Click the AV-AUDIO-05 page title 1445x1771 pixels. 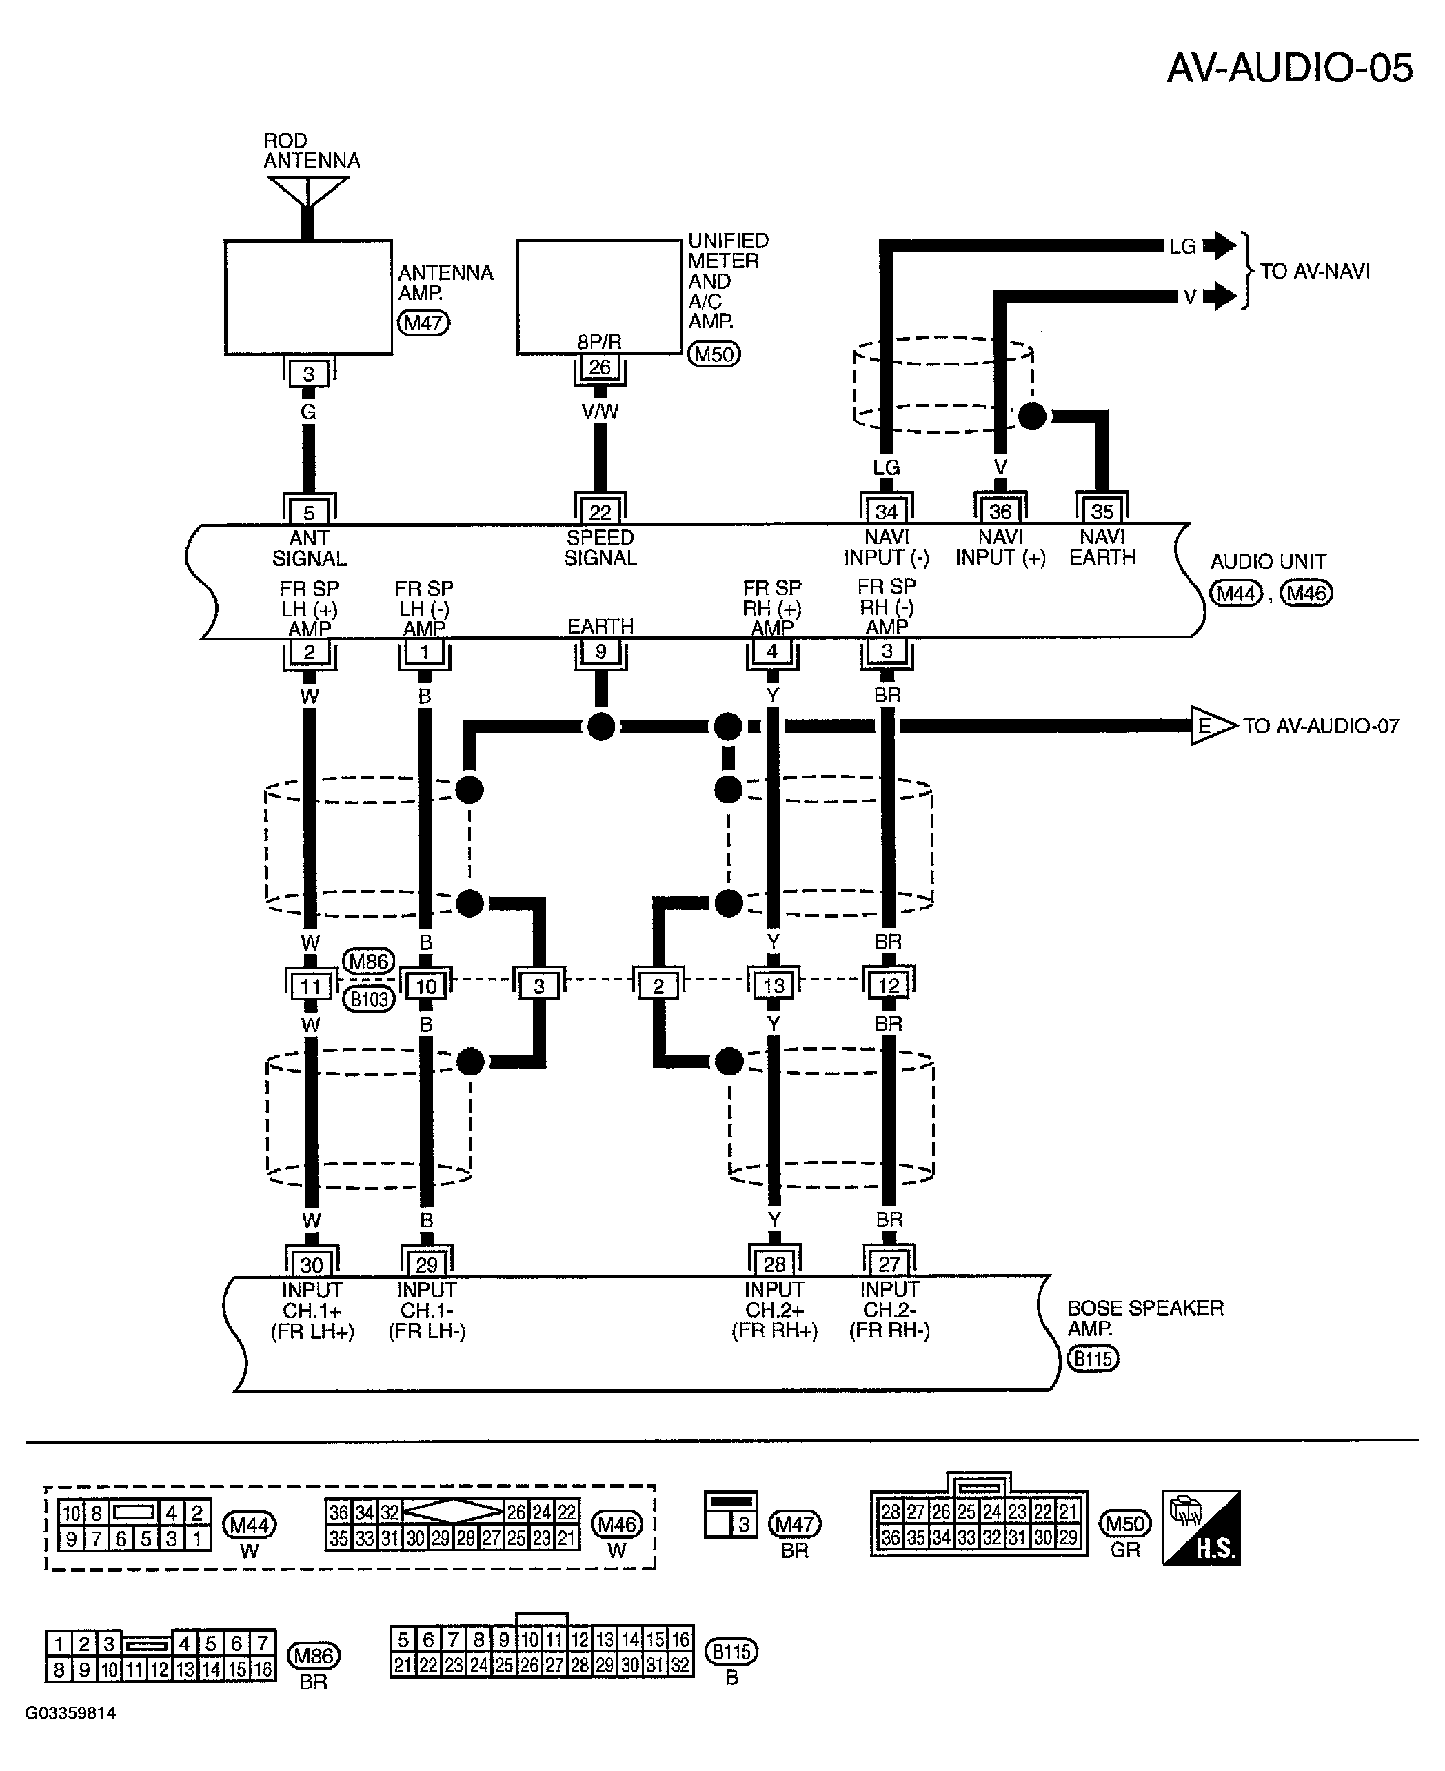click(1289, 68)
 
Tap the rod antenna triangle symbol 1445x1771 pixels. click(308, 192)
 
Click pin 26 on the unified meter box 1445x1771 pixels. click(599, 367)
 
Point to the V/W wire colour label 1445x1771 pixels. click(599, 411)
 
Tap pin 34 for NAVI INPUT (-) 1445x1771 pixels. click(887, 511)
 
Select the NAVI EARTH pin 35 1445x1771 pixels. click(1102, 511)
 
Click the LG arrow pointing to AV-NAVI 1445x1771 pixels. click(1220, 245)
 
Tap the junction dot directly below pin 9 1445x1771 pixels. click(601, 727)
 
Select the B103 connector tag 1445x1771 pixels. click(369, 999)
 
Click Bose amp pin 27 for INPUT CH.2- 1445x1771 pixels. click(889, 1264)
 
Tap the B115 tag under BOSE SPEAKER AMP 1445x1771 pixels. click(1093, 1358)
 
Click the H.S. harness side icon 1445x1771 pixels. click(1201, 1528)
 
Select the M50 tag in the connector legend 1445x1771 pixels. click(1124, 1523)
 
